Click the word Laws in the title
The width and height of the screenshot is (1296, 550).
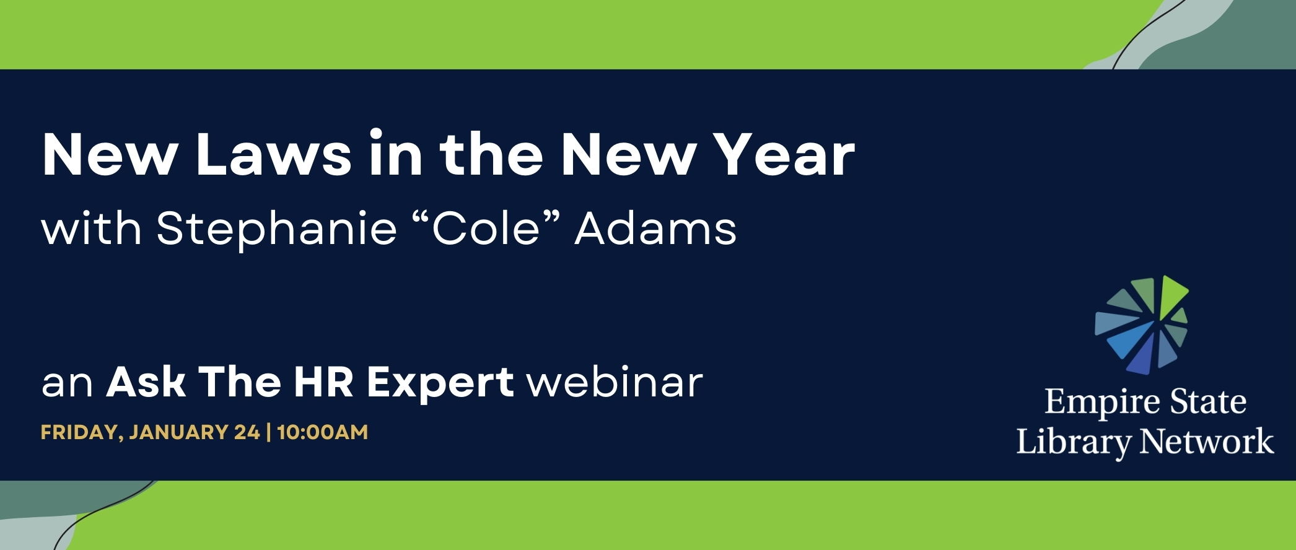[x=274, y=155]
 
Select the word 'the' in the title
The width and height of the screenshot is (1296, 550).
[x=491, y=155]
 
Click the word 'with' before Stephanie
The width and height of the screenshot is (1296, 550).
[x=92, y=229]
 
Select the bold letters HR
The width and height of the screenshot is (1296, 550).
[x=323, y=382]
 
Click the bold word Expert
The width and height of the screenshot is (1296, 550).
[x=440, y=383]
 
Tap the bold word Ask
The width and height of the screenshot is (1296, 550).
[x=146, y=382]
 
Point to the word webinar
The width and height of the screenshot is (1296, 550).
[x=615, y=382]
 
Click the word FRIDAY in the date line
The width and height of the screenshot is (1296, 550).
[x=81, y=432]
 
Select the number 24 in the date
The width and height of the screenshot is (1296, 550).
[x=247, y=432]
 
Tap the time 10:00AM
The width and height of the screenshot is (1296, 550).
[x=322, y=432]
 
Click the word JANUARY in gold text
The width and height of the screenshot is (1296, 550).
[x=179, y=432]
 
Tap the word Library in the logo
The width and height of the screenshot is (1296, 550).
[x=1074, y=443]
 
